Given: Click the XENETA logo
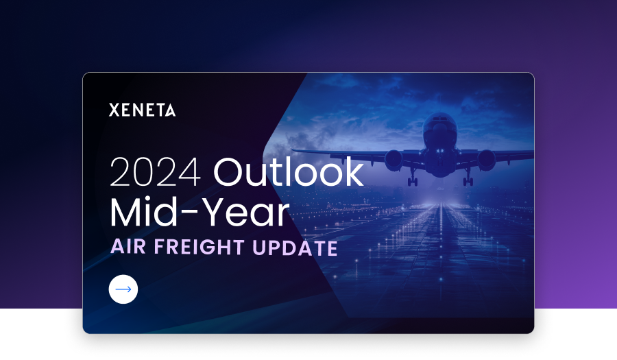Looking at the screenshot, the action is (142, 110).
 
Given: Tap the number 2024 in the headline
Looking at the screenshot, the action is (156, 172).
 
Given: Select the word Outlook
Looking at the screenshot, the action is (289, 171).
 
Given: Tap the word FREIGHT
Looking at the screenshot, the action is (199, 247).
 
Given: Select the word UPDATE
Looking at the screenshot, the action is (295, 248).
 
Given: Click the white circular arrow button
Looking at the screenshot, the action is (123, 289).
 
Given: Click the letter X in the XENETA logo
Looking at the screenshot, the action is (114, 110).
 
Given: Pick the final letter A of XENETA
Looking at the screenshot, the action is (170, 110).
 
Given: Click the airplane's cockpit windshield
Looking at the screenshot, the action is (440, 119).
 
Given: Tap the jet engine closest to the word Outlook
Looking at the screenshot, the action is (394, 159).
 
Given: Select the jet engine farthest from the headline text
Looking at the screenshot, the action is (487, 159).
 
